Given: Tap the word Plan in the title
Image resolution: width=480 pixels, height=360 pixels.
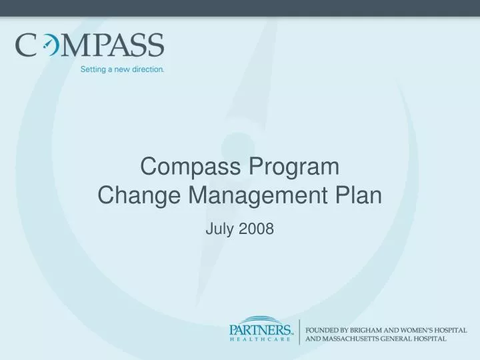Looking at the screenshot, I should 360,196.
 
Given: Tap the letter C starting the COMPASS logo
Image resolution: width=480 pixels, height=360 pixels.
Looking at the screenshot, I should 27,46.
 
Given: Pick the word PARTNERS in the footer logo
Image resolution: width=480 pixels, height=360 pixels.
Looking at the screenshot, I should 261,330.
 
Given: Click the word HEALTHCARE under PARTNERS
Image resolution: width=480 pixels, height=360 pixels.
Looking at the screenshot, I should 261,339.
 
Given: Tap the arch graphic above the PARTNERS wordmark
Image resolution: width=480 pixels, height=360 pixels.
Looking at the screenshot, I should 261,320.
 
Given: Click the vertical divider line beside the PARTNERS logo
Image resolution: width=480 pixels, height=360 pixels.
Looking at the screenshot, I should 299,331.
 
